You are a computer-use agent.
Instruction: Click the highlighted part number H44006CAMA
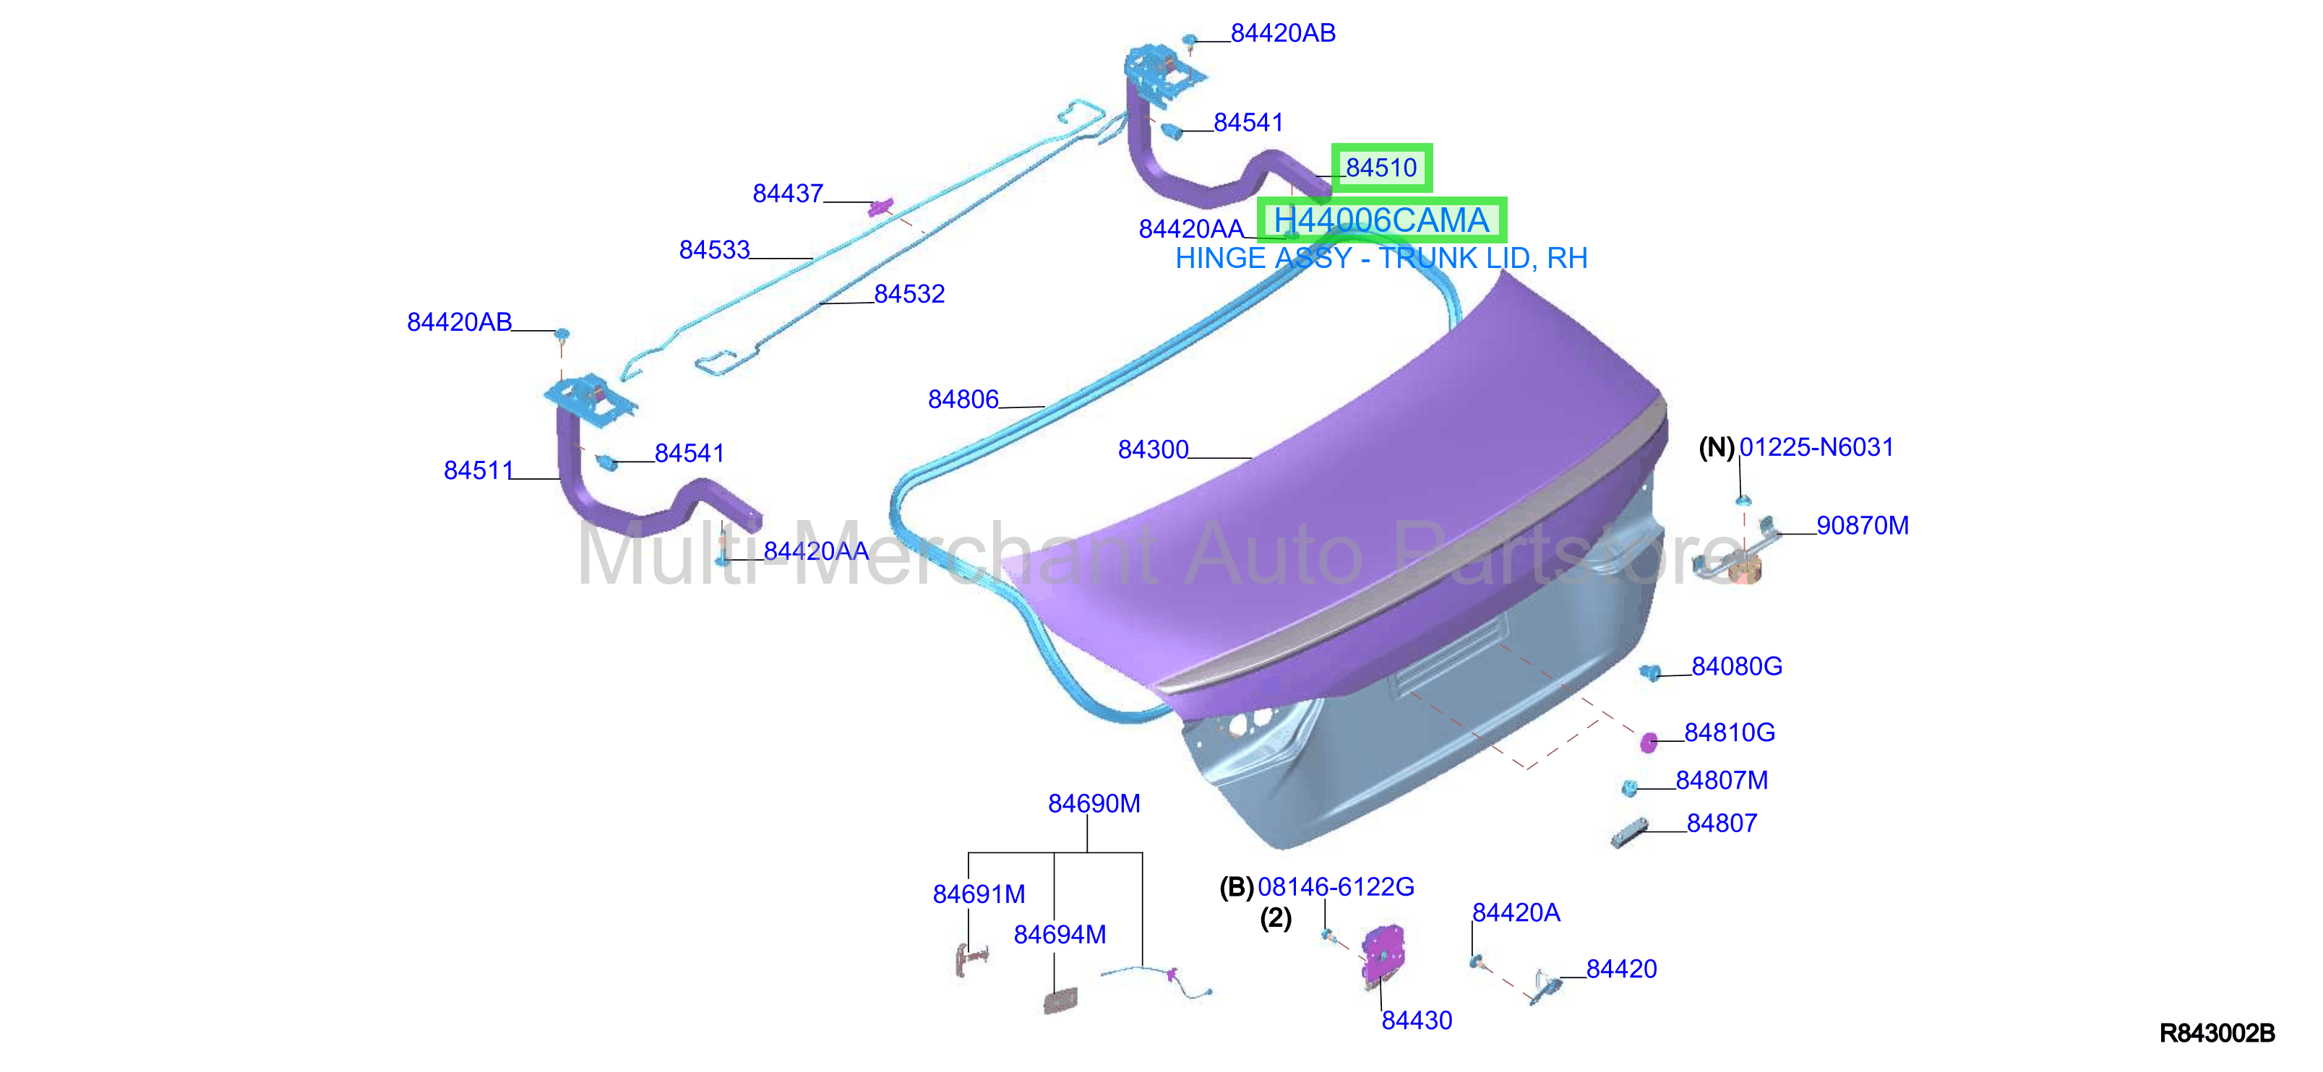(1381, 220)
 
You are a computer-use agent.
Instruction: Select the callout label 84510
(1381, 168)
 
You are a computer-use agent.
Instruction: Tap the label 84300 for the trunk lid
(1153, 449)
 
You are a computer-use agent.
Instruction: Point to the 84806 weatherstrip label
(963, 399)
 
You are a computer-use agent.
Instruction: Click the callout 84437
(787, 193)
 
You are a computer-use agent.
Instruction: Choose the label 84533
(714, 248)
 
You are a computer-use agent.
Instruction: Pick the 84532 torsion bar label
(909, 293)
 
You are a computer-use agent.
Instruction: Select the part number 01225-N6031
(1816, 446)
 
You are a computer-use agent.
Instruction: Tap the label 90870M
(1862, 524)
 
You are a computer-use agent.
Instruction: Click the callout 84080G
(1737, 665)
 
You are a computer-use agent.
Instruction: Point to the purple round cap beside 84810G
(1649, 742)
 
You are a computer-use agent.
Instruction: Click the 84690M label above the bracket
(1094, 803)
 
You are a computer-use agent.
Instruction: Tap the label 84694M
(1060, 934)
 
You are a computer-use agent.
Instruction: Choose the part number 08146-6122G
(1336, 886)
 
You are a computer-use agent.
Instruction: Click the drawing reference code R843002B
(2217, 1032)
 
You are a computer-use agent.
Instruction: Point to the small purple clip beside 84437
(879, 207)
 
